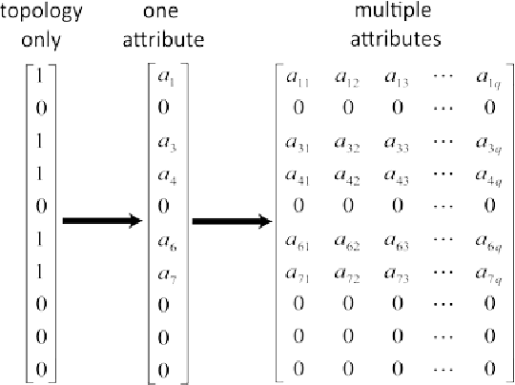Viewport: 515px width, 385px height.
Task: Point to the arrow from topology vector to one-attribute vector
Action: [x=101, y=221]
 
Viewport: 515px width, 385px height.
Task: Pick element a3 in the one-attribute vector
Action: [x=164, y=142]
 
